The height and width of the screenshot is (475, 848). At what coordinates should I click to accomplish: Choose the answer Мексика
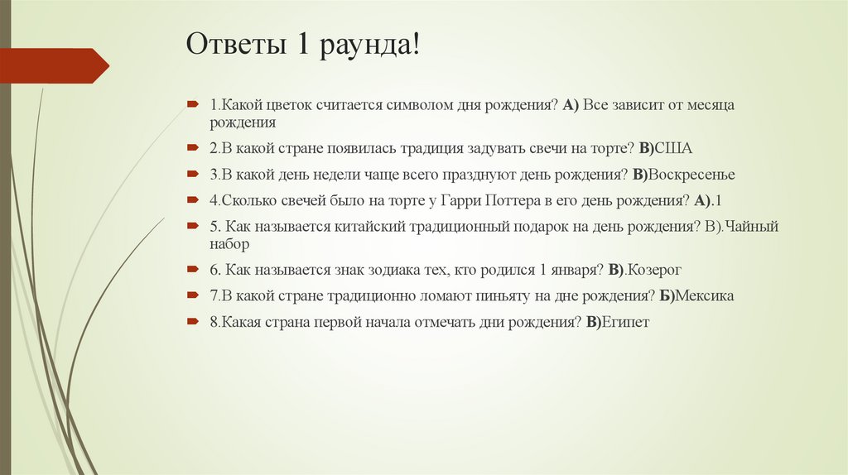pyautogui.click(x=706, y=295)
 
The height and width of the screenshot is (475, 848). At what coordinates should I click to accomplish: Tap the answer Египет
pyautogui.click(x=626, y=322)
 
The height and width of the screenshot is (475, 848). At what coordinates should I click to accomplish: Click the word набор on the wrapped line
pyautogui.click(x=229, y=245)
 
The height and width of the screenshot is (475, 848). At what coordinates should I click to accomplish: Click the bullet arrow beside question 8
pyautogui.click(x=191, y=321)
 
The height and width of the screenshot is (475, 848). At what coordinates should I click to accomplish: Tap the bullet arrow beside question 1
pyautogui.click(x=191, y=105)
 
